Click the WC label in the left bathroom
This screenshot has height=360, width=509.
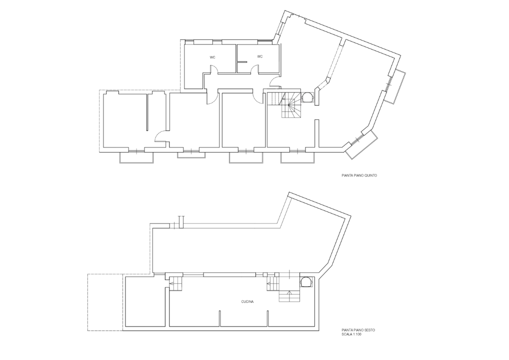212,57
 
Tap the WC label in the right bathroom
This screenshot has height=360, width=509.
259,56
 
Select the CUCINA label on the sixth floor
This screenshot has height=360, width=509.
247,301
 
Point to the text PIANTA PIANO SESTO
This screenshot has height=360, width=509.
358,330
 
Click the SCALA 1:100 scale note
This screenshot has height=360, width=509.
352,334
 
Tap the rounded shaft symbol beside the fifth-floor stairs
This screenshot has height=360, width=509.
308,96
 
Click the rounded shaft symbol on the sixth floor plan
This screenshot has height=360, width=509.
305,282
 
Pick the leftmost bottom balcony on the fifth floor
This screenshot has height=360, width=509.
136,157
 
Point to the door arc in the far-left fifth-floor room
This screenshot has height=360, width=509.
161,135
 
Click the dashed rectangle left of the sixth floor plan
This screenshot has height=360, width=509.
105,302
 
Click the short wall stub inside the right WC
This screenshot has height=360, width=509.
242,62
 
